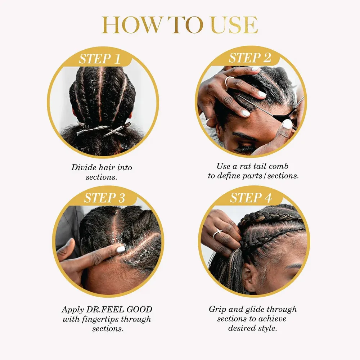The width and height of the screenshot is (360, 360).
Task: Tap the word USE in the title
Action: point(234,25)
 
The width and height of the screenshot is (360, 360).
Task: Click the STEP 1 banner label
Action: point(100,59)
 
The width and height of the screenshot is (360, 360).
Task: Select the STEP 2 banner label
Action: point(250,58)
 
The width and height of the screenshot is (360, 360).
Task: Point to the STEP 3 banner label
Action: point(104,198)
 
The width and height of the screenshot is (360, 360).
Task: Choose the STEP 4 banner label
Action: point(251,198)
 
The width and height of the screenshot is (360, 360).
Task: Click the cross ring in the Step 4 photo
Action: point(217,234)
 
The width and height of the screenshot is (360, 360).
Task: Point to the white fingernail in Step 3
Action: point(121,249)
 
